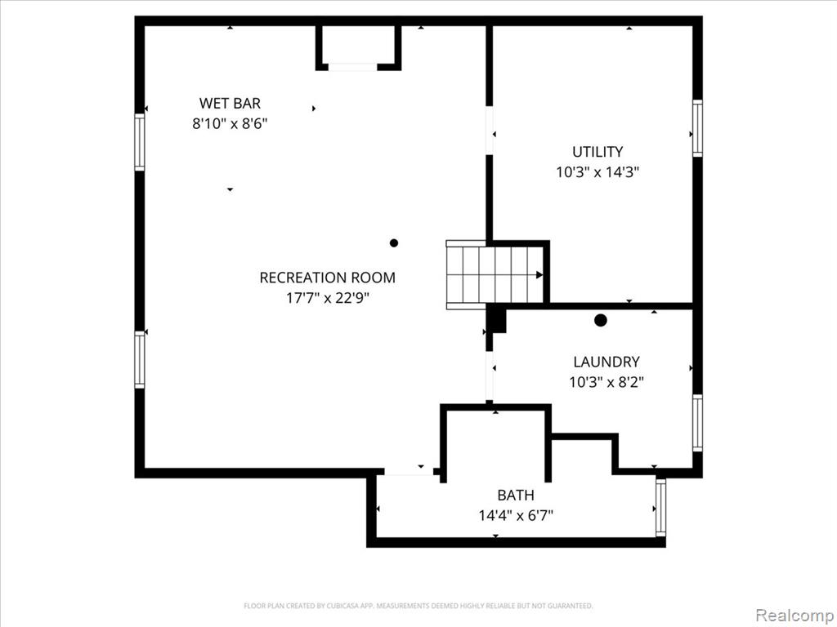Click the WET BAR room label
[230, 103]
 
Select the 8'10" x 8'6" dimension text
[230, 124]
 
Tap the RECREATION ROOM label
[327, 278]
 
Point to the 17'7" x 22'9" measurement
[327, 297]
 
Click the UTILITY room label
[598, 152]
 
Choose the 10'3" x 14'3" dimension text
[598, 172]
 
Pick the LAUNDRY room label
[606, 362]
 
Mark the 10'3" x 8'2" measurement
[606, 382]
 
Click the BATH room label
[516, 496]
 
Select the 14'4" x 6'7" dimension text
[516, 516]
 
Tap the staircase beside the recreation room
[495, 274]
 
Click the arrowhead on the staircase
[539, 275]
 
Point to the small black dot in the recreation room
[394, 243]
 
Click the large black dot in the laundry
[601, 320]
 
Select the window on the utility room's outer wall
[697, 128]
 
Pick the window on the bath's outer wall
[660, 507]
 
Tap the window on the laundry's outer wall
[697, 423]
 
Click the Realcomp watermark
[793, 616]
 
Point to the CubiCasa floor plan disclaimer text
[418, 606]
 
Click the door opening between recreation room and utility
[489, 131]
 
